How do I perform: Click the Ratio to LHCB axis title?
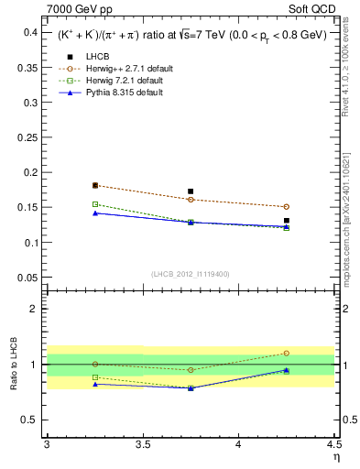point(13,365)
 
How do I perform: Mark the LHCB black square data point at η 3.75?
point(191,191)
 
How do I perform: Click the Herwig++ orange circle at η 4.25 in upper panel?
point(287,207)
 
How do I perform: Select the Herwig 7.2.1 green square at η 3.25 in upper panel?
point(94,204)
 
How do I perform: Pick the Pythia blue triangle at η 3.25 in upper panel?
point(94,213)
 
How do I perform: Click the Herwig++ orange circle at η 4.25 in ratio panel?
point(287,353)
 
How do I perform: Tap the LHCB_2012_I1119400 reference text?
point(191,274)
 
